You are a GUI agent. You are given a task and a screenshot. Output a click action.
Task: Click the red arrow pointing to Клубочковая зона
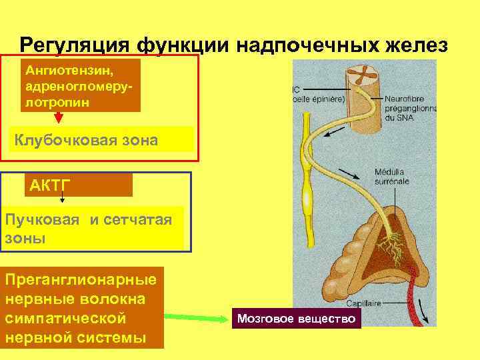tap(59, 117)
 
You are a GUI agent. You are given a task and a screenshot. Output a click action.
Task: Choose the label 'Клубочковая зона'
tap(86, 140)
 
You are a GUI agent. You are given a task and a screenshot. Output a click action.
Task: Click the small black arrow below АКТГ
tap(62, 198)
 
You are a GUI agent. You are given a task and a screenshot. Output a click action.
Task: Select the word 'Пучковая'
tap(41, 221)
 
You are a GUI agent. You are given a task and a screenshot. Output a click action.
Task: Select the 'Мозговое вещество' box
tap(296, 319)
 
